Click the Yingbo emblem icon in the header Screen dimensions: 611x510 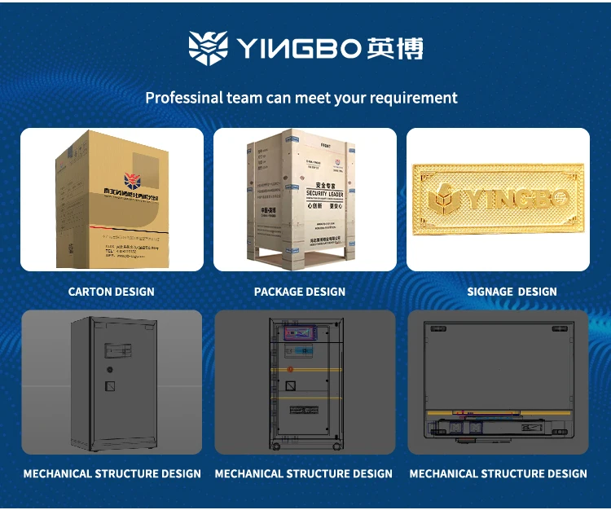point(207,48)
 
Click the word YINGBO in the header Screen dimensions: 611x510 point(297,49)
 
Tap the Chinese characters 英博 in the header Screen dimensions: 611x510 point(395,48)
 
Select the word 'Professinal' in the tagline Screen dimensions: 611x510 point(183,98)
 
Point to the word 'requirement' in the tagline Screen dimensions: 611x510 point(413,99)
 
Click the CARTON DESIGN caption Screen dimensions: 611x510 point(111,292)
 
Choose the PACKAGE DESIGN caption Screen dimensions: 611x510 point(300,292)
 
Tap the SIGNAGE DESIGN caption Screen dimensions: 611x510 point(512,292)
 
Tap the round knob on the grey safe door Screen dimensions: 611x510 point(109,369)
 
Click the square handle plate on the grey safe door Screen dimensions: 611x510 point(111,385)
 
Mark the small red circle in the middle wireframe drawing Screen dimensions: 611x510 point(289,369)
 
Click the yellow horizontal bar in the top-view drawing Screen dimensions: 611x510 point(497,411)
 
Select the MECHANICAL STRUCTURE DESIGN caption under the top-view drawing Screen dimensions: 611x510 point(498,473)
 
